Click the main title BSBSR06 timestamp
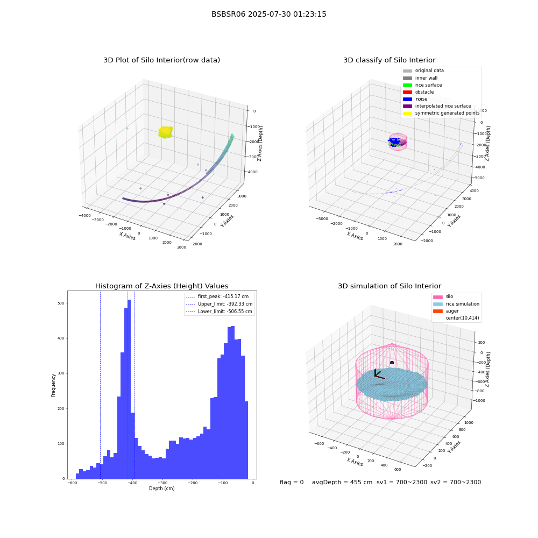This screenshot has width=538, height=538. point(268,14)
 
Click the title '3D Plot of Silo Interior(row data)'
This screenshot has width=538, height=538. point(161,60)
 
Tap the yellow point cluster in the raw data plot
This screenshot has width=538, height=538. point(165,132)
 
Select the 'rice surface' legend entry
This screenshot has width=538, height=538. point(422,85)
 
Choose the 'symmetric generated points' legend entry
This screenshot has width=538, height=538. point(441,113)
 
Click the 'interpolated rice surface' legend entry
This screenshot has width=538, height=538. point(437,106)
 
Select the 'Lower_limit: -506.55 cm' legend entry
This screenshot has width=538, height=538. point(219,312)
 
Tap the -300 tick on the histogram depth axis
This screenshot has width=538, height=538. point(162,483)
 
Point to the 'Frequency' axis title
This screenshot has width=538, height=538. point(53,385)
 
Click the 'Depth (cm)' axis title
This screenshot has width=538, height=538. point(162,489)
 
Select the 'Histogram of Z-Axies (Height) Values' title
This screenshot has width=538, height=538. point(161,286)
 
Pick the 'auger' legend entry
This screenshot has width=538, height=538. point(445,311)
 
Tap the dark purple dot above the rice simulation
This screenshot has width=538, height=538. point(392,363)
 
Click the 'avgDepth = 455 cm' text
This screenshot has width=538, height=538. point(342,482)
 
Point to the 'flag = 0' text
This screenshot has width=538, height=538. point(292,482)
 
